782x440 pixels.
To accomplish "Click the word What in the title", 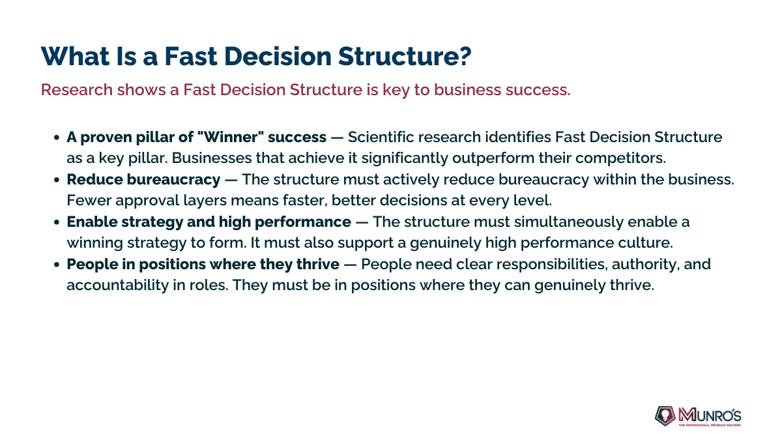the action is [x=75, y=56].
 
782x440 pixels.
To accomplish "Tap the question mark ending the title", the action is [x=465, y=56].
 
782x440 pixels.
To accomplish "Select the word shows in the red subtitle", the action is [x=141, y=90].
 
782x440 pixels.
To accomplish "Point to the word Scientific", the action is [x=381, y=138].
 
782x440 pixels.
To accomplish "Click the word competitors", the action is [x=620, y=158].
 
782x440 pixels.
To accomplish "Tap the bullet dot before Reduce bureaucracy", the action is [x=57, y=180].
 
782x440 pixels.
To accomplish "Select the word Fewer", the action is [x=89, y=201].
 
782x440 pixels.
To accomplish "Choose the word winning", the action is [x=95, y=243].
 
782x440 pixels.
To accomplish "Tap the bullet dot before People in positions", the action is [x=57, y=265].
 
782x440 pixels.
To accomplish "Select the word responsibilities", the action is [x=550, y=265].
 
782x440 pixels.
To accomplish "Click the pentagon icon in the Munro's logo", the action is [x=665, y=416].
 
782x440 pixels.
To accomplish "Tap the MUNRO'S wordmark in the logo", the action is [x=710, y=415].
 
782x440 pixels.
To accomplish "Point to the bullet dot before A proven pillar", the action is [x=57, y=138].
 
